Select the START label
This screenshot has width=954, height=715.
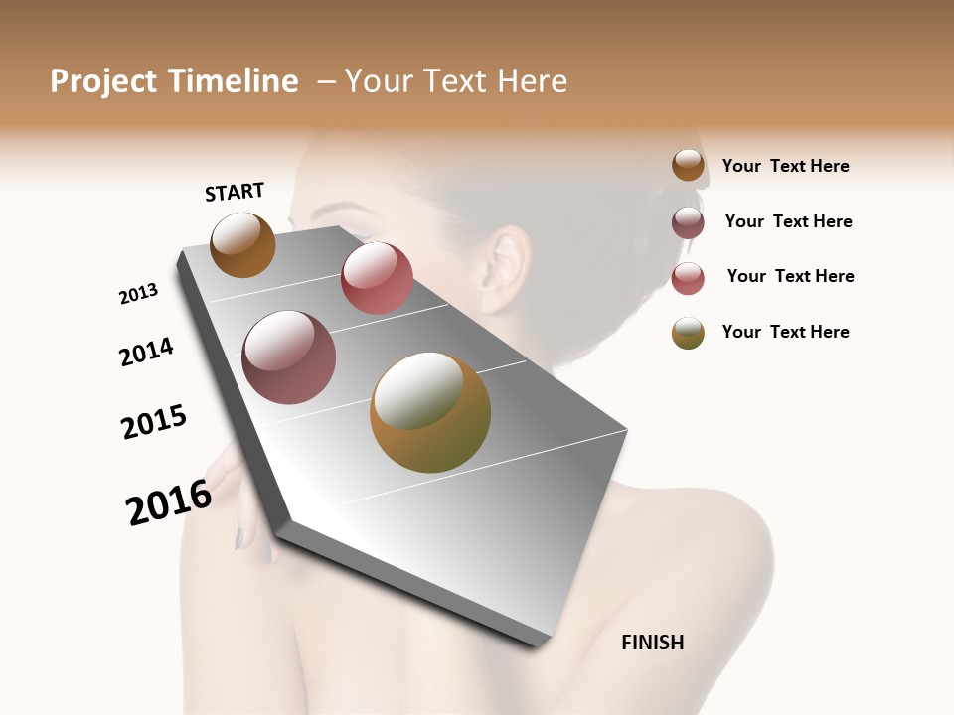[235, 192]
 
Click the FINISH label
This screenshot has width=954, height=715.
[652, 643]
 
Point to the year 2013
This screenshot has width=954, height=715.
[138, 294]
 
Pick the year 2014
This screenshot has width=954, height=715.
[146, 353]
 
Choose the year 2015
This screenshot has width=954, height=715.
[154, 422]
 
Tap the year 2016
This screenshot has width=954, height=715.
[169, 501]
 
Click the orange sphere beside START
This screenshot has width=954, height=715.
[242, 244]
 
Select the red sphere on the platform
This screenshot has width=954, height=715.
[377, 277]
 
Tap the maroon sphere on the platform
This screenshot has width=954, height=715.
[288, 357]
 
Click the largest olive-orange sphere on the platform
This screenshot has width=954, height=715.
[430, 412]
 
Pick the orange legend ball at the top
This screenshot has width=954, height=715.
[688, 166]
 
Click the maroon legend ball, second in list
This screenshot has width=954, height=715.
[688, 222]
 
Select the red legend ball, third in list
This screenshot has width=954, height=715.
[688, 278]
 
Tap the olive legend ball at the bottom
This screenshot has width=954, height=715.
[688, 333]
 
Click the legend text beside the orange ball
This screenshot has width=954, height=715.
[785, 166]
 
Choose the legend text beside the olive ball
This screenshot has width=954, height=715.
[785, 332]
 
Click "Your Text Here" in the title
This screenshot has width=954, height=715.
[456, 81]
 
